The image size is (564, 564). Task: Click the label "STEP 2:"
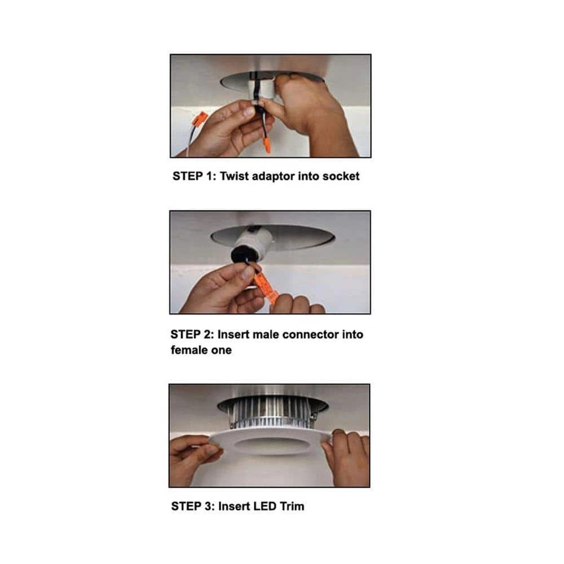192,334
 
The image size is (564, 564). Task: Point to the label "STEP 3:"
193,506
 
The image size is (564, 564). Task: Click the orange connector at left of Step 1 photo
200,119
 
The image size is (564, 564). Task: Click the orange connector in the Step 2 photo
266,288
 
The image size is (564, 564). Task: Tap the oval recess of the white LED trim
272,446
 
